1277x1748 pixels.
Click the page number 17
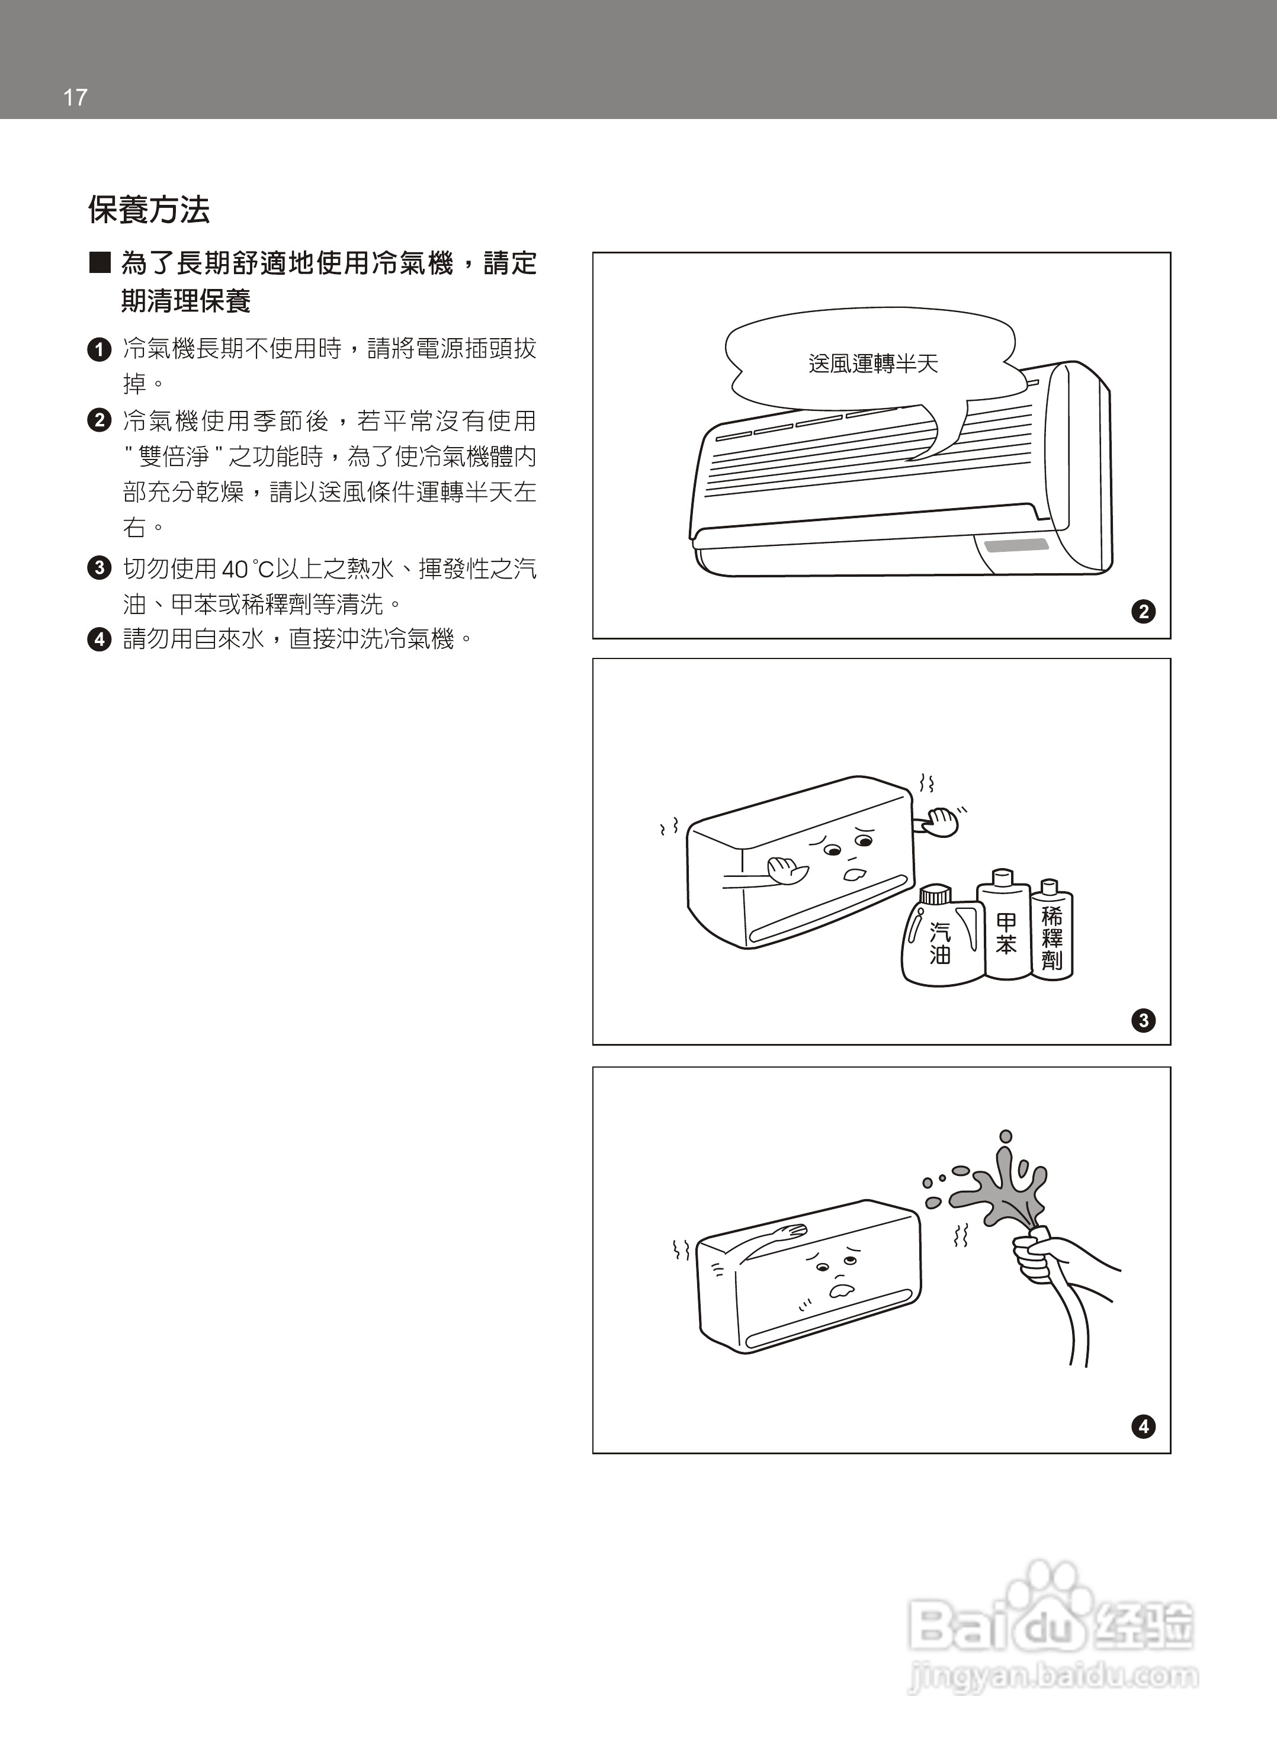pyautogui.click(x=75, y=97)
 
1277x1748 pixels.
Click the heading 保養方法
pyautogui.click(x=149, y=210)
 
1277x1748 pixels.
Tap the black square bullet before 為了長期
pyautogui.click(x=100, y=263)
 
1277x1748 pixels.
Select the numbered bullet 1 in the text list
pyautogui.click(x=99, y=349)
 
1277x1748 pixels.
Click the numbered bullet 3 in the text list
pyautogui.click(x=99, y=568)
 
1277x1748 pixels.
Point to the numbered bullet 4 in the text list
pyautogui.click(x=99, y=639)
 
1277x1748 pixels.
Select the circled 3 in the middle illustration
pyautogui.click(x=1143, y=1020)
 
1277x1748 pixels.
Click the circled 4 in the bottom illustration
pyautogui.click(x=1143, y=1426)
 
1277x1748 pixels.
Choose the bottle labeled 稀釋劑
pyautogui.click(x=1052, y=935)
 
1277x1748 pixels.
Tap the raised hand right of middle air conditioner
pyautogui.click(x=941, y=822)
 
